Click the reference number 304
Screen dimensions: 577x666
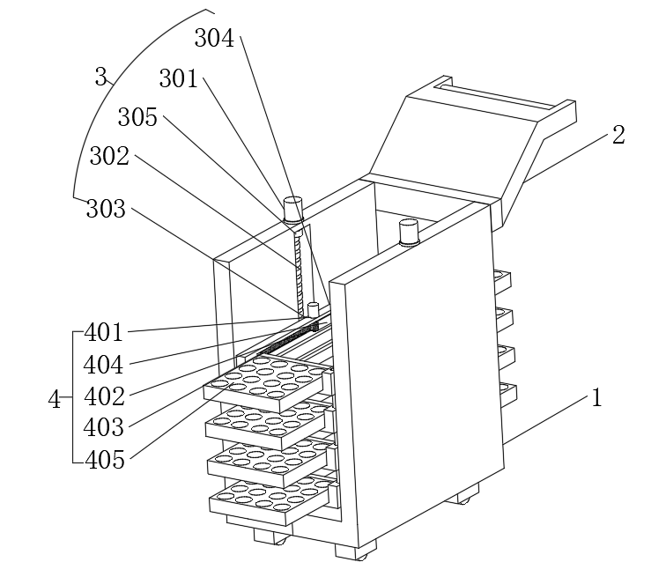(x=214, y=38)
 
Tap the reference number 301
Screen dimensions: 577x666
(x=179, y=79)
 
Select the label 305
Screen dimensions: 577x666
(x=138, y=117)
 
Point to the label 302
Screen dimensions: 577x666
(x=109, y=157)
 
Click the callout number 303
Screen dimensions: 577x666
(x=106, y=209)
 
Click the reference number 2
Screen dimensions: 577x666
(x=618, y=135)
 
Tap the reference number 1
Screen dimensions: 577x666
(x=596, y=398)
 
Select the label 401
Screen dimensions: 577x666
(x=104, y=333)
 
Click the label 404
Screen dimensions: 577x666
(x=104, y=364)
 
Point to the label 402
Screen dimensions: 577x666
(x=104, y=396)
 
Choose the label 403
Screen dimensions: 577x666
(x=104, y=426)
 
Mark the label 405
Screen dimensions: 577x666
(x=104, y=458)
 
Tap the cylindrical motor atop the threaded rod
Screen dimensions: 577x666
(x=292, y=210)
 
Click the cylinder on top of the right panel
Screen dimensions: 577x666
(x=409, y=233)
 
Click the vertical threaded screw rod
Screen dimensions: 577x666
(x=299, y=264)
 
